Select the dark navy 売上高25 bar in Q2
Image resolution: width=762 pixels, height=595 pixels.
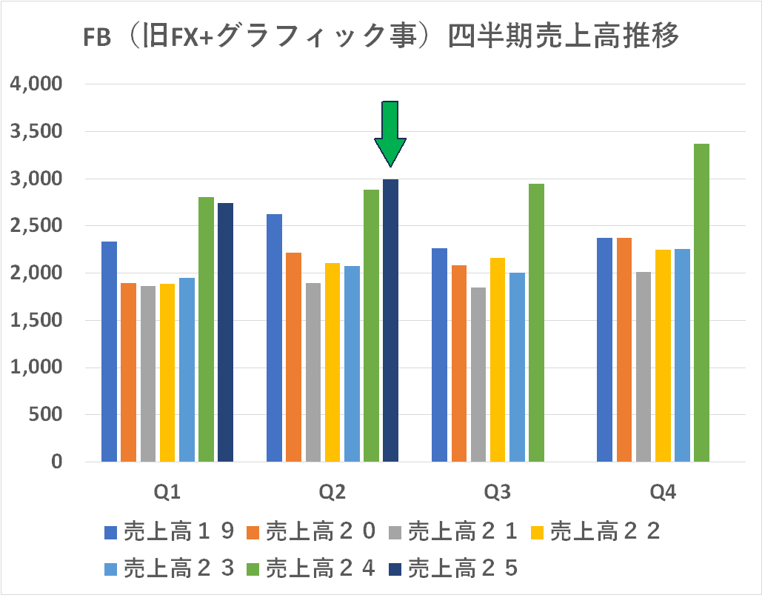[390, 320]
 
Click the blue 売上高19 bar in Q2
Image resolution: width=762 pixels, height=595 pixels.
[274, 338]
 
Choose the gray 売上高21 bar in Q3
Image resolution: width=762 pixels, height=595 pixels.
[478, 374]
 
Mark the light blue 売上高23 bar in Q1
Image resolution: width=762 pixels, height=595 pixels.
[187, 370]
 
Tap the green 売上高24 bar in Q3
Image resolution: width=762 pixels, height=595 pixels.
[536, 322]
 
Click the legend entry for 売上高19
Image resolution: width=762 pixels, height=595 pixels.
[170, 531]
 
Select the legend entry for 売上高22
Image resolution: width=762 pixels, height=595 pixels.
[596, 531]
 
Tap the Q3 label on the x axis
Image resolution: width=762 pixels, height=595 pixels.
[497, 493]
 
